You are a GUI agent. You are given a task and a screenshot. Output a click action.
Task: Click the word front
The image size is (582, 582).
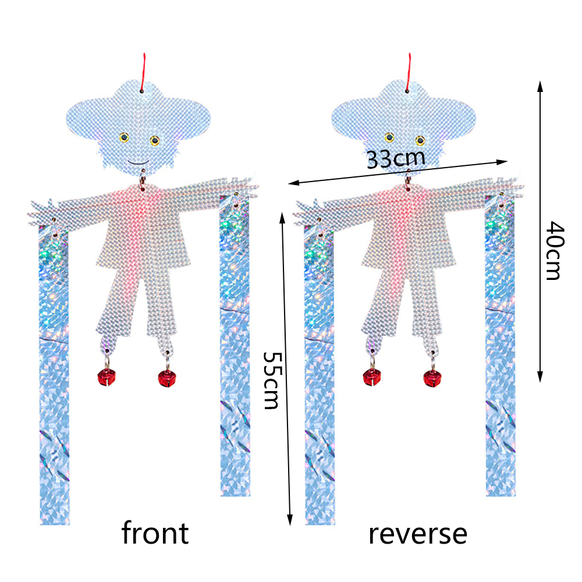point(155,533)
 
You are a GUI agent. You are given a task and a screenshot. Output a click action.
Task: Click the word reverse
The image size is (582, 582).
point(417,533)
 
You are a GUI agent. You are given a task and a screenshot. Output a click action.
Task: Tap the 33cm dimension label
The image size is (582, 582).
point(395,158)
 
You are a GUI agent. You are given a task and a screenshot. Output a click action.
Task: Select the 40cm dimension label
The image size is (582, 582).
point(553,250)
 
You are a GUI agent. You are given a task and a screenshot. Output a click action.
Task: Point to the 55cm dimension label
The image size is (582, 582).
point(271,379)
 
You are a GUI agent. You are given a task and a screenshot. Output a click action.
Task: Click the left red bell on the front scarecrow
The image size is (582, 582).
point(106,377)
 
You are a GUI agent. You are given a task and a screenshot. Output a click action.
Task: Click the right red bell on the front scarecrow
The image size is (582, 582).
point(168,378)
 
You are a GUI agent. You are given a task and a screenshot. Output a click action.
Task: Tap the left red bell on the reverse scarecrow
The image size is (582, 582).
point(371,378)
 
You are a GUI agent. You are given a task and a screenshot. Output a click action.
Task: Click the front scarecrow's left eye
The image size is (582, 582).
point(124,138)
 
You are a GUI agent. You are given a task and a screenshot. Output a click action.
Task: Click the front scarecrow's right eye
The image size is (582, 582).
point(154,140)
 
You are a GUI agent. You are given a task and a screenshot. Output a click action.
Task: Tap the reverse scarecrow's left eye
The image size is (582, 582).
point(389,137)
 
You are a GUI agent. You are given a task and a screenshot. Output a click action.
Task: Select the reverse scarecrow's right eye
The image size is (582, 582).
point(420,140)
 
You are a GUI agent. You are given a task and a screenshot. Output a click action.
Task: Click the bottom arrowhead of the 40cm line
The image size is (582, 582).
point(540,378)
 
